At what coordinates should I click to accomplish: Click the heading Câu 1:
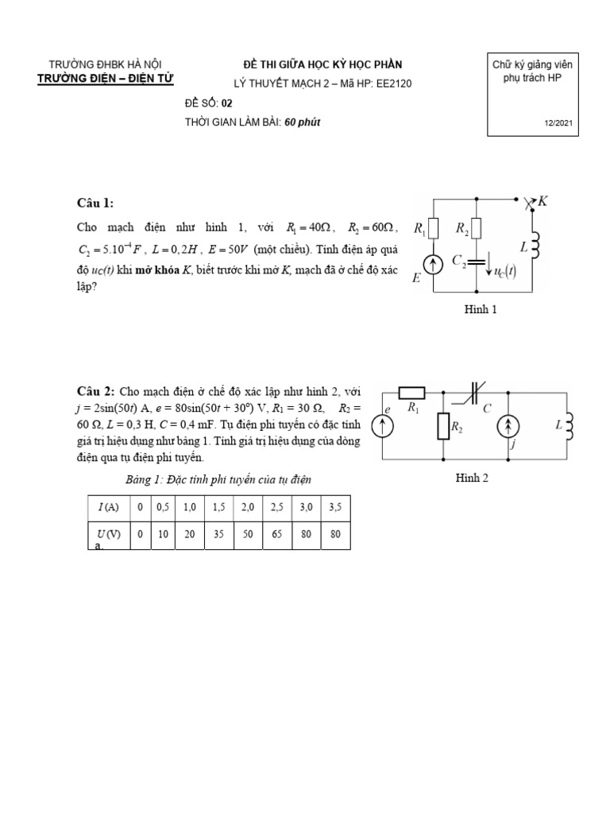point(95,203)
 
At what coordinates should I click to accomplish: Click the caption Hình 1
point(481,310)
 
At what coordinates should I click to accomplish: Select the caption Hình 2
point(471,478)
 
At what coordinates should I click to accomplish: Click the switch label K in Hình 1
point(542,202)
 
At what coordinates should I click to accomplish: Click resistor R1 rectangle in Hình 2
point(411,391)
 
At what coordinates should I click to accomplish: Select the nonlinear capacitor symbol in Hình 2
point(475,391)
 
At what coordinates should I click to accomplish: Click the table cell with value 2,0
point(248,507)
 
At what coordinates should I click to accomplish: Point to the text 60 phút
point(303,122)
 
